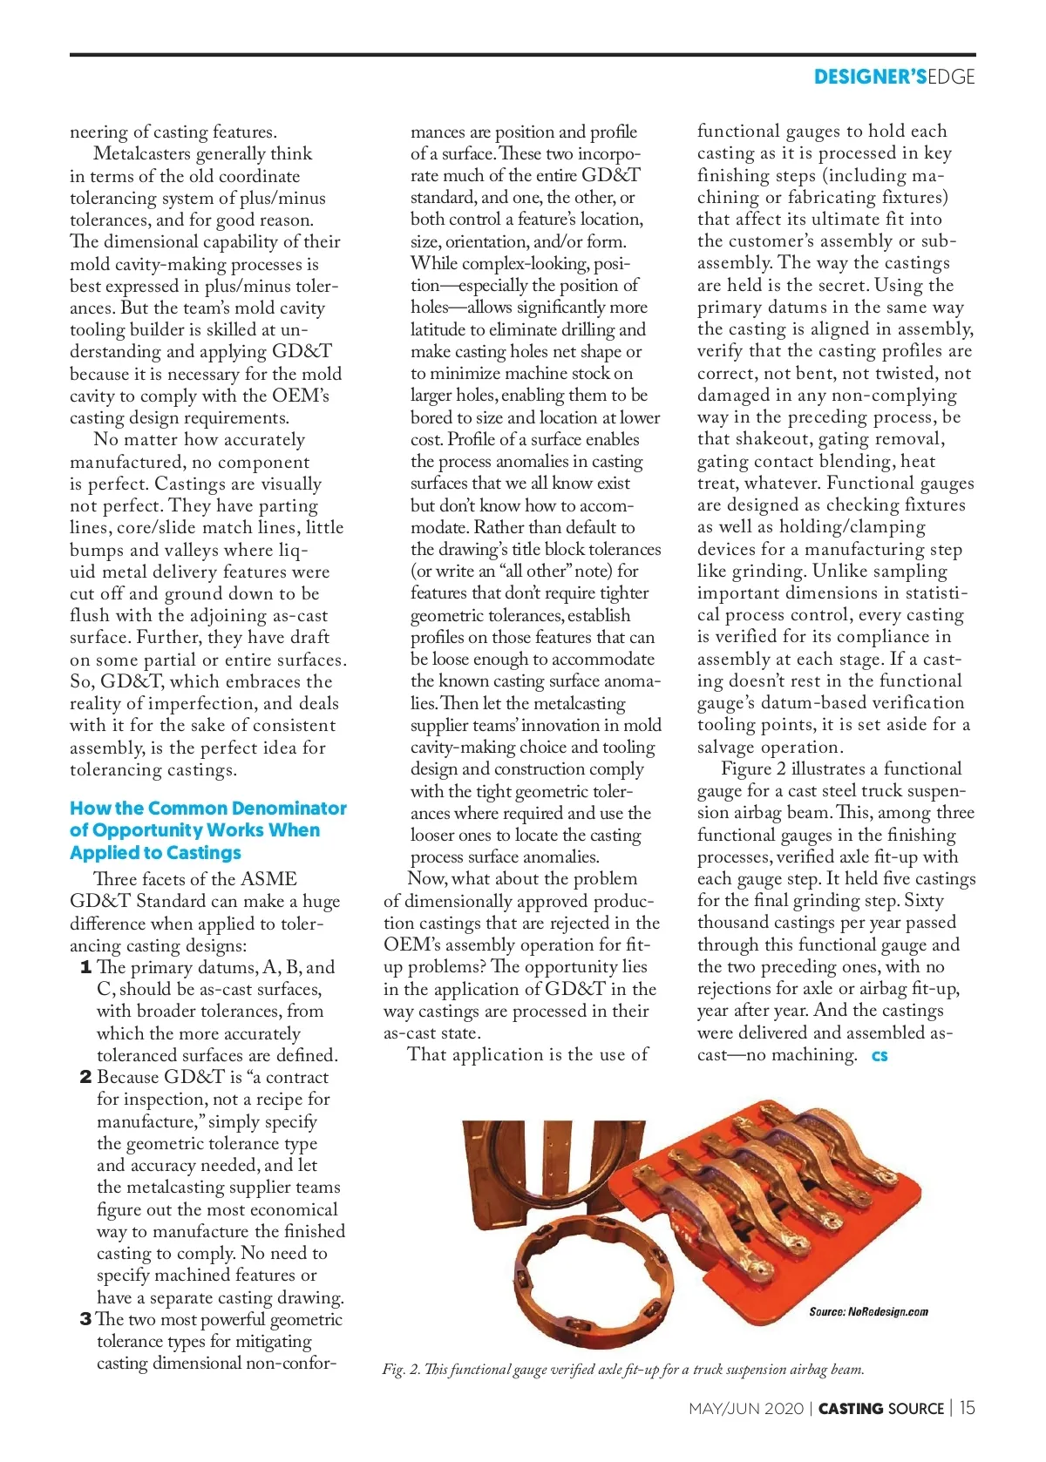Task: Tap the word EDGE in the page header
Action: tap(951, 77)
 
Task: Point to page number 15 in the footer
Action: tap(968, 1408)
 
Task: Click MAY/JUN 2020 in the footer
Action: tap(745, 1409)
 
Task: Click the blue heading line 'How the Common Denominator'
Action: tap(208, 809)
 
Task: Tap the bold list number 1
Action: tap(85, 967)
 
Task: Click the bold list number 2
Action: tap(85, 1077)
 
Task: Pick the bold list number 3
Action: tap(85, 1319)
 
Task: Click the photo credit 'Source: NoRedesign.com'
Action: tap(868, 1311)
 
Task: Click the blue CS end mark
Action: tap(880, 1056)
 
